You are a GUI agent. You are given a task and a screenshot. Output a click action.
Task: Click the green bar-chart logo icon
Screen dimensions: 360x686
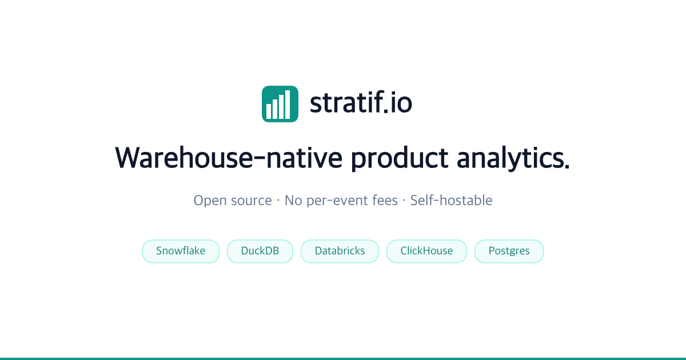coord(280,104)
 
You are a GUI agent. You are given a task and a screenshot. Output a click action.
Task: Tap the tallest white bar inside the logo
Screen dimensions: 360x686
coord(288,105)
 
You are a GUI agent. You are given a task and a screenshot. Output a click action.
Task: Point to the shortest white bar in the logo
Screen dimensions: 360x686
coord(269,111)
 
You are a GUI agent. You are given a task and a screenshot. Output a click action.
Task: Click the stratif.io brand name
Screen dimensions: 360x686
coord(361,103)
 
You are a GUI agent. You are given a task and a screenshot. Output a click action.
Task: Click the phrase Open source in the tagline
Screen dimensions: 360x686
coord(233,201)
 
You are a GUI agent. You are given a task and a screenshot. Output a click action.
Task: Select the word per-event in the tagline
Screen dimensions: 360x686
coord(333,201)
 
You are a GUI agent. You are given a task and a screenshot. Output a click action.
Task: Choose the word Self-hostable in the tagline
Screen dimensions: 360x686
coord(451,201)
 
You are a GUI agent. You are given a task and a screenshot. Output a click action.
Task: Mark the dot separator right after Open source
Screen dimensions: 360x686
coord(278,201)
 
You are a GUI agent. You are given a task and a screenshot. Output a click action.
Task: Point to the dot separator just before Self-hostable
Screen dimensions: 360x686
coord(404,201)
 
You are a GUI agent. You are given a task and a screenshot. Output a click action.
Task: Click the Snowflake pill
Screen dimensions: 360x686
coord(181,251)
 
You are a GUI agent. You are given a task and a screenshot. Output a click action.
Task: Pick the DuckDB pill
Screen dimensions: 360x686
coord(260,251)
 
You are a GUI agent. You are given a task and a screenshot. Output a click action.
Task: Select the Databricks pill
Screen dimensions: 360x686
coord(340,251)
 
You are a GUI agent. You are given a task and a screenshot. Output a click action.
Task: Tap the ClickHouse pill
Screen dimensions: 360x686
coord(426,251)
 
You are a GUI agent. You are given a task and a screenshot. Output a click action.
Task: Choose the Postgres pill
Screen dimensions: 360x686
coord(509,251)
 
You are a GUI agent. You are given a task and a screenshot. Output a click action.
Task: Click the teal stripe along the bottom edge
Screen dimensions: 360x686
coord(343,358)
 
